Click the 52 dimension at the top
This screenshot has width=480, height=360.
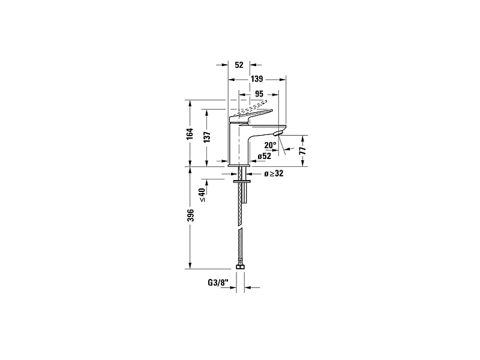[x=239, y=64]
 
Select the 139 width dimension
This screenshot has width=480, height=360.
[x=257, y=79]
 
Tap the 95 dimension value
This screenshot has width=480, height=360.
[x=259, y=94]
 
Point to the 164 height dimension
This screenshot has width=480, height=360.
[x=190, y=133]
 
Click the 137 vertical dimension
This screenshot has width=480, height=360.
[x=206, y=136]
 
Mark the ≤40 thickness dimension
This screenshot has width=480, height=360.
[x=202, y=195]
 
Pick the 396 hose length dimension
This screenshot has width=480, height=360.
[x=190, y=217]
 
